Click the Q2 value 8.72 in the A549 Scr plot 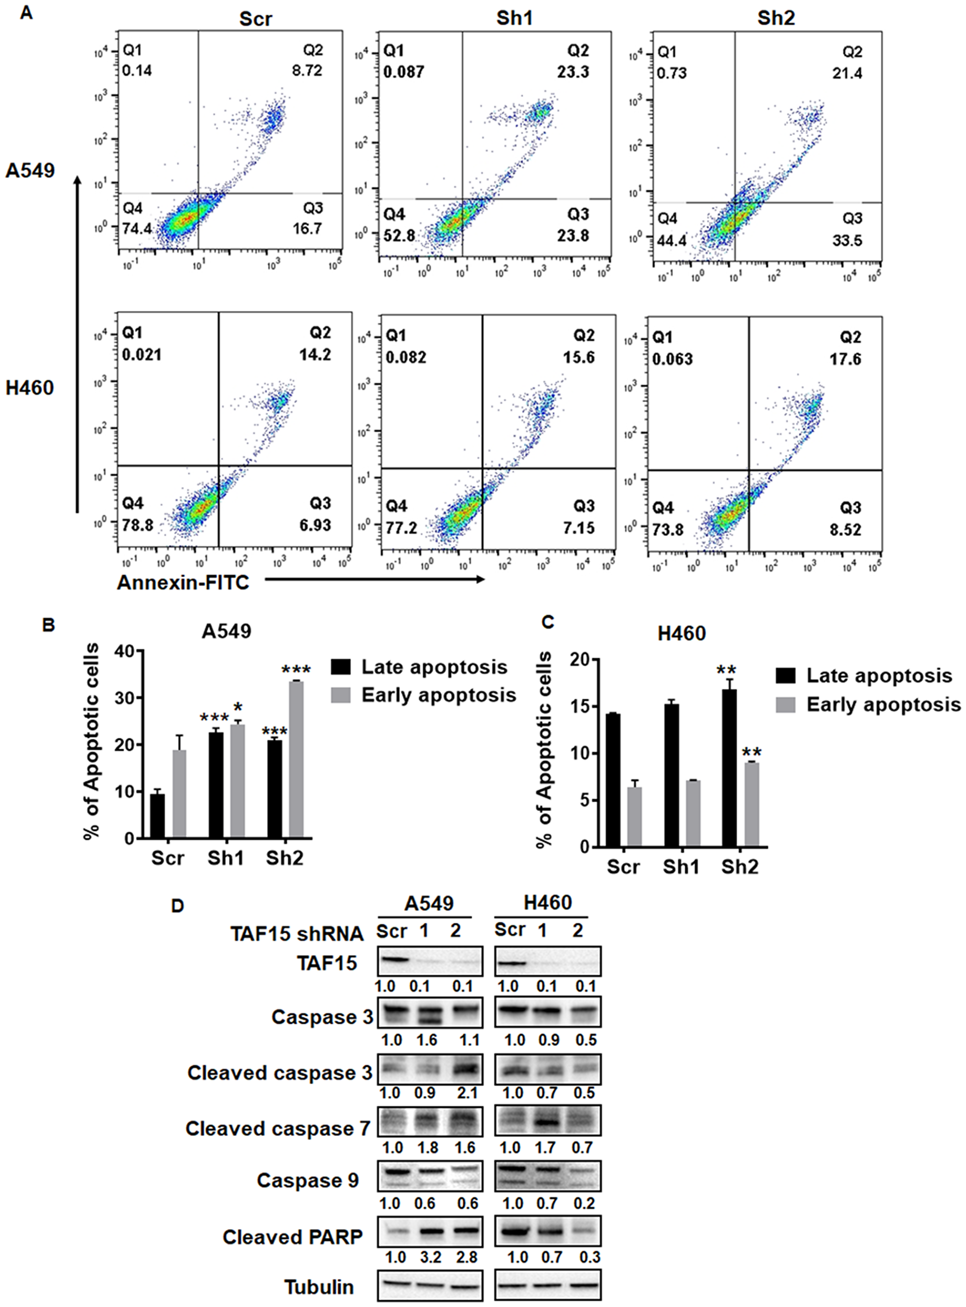coord(308,71)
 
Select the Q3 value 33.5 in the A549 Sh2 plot coord(847,240)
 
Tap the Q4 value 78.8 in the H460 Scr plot coord(138,525)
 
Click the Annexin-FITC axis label coord(183,583)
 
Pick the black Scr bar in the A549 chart coord(157,815)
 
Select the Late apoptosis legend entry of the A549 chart coord(419,667)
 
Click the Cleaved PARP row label coord(293,1237)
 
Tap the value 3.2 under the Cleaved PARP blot coord(430,1257)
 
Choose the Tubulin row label coord(319,1287)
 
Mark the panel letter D coord(177,906)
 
